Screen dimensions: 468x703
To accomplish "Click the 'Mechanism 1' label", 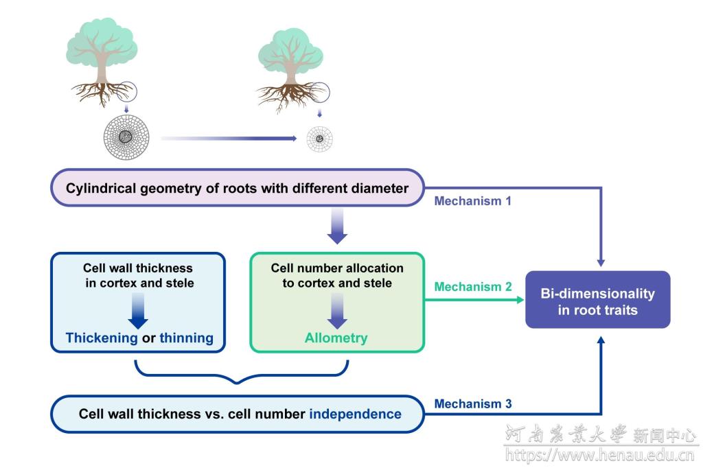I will click(472, 202).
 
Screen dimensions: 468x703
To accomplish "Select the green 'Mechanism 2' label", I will click(473, 286).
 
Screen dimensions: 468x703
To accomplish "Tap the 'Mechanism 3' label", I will click(473, 404).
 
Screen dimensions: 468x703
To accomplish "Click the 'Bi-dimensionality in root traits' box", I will click(597, 301).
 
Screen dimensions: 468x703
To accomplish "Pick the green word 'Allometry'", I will click(336, 338).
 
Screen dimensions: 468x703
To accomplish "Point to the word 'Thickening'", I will click(102, 338).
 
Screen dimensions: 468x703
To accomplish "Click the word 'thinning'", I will click(186, 338).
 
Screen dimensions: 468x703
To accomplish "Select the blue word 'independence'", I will click(355, 414).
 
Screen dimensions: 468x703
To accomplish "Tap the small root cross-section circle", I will click(319, 139).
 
